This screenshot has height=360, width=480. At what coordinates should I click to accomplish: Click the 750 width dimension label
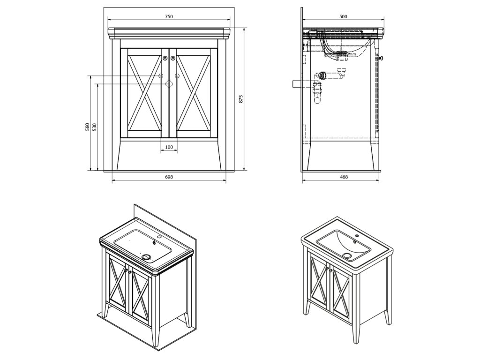click(x=169, y=16)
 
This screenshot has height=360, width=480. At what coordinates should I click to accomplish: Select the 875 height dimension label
click(x=241, y=99)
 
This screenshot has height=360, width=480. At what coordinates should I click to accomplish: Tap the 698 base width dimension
click(x=169, y=177)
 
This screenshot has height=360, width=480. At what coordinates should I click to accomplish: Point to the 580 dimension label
click(x=87, y=127)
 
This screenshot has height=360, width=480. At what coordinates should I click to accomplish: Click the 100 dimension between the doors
click(x=169, y=148)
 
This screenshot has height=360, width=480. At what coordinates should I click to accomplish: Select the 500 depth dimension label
click(x=343, y=16)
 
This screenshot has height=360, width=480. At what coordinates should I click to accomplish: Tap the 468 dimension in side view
click(x=344, y=177)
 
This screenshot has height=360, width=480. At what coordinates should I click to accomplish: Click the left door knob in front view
click(x=165, y=58)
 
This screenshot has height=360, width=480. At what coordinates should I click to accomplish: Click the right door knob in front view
click(x=173, y=58)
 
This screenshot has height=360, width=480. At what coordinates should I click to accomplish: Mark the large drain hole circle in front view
click(x=169, y=84)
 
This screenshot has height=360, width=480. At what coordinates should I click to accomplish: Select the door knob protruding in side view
click(x=381, y=58)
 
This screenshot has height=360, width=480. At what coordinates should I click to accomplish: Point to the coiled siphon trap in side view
click(x=322, y=76)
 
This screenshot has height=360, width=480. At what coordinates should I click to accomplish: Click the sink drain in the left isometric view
click(x=147, y=256)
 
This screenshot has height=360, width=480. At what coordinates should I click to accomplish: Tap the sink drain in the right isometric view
click(x=347, y=255)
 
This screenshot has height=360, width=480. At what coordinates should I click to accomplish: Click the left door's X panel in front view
click(x=144, y=93)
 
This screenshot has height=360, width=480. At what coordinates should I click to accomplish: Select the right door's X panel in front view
click(x=193, y=93)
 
